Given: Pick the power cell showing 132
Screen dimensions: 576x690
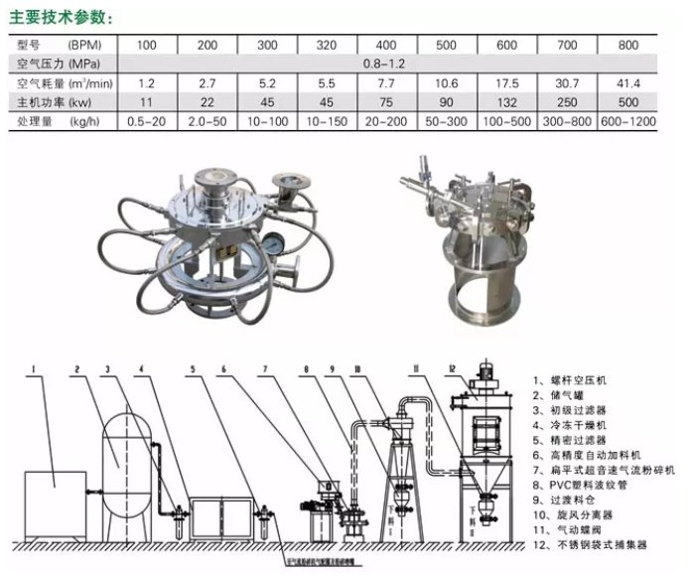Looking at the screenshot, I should (506, 102).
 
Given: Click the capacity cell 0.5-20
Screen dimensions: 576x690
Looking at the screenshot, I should (146, 121).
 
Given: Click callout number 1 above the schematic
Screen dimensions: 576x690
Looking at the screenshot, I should (34, 370).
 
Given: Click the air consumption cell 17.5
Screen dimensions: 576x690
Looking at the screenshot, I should (506, 83).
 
